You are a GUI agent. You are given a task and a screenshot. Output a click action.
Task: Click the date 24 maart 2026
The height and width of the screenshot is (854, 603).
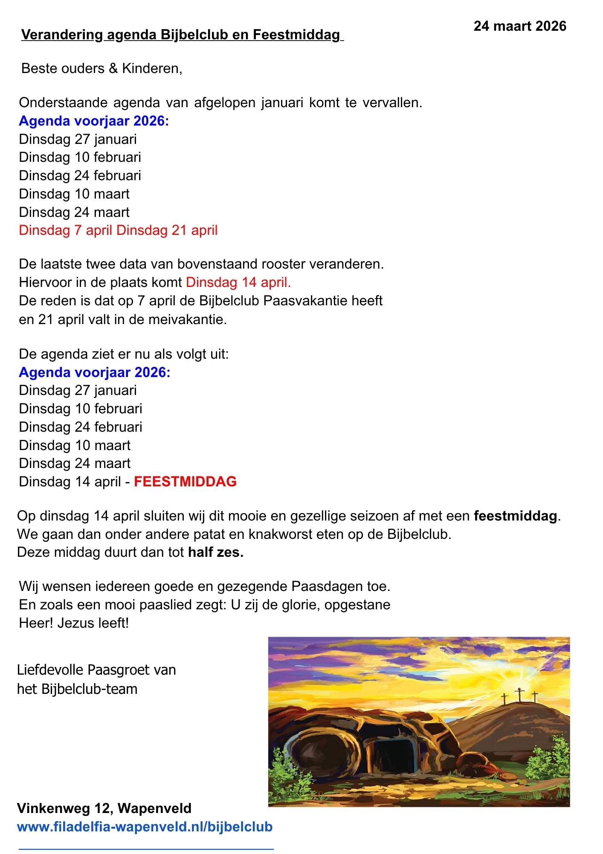[519, 26]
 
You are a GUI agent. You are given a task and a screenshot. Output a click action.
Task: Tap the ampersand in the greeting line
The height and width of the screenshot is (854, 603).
[113, 68]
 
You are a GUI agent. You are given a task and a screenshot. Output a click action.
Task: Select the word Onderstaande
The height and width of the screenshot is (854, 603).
[63, 103]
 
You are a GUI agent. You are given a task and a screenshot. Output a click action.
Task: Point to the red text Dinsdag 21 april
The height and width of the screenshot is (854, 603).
[167, 231]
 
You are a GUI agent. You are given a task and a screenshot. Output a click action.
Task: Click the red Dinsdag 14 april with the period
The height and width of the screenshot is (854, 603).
[238, 282]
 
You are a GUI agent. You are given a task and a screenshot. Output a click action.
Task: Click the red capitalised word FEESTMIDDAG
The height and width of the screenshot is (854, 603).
[185, 482]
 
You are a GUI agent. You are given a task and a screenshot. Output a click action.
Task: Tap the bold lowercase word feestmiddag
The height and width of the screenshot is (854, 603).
[516, 516]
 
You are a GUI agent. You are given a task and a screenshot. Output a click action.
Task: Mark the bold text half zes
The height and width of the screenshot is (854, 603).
[216, 553]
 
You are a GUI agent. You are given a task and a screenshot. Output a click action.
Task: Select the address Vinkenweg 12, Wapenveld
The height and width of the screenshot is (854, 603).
[104, 808]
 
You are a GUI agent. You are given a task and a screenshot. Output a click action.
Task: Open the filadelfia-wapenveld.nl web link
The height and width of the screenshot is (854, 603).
[145, 827]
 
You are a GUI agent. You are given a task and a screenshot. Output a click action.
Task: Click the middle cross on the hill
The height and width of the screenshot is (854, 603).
[519, 695]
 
